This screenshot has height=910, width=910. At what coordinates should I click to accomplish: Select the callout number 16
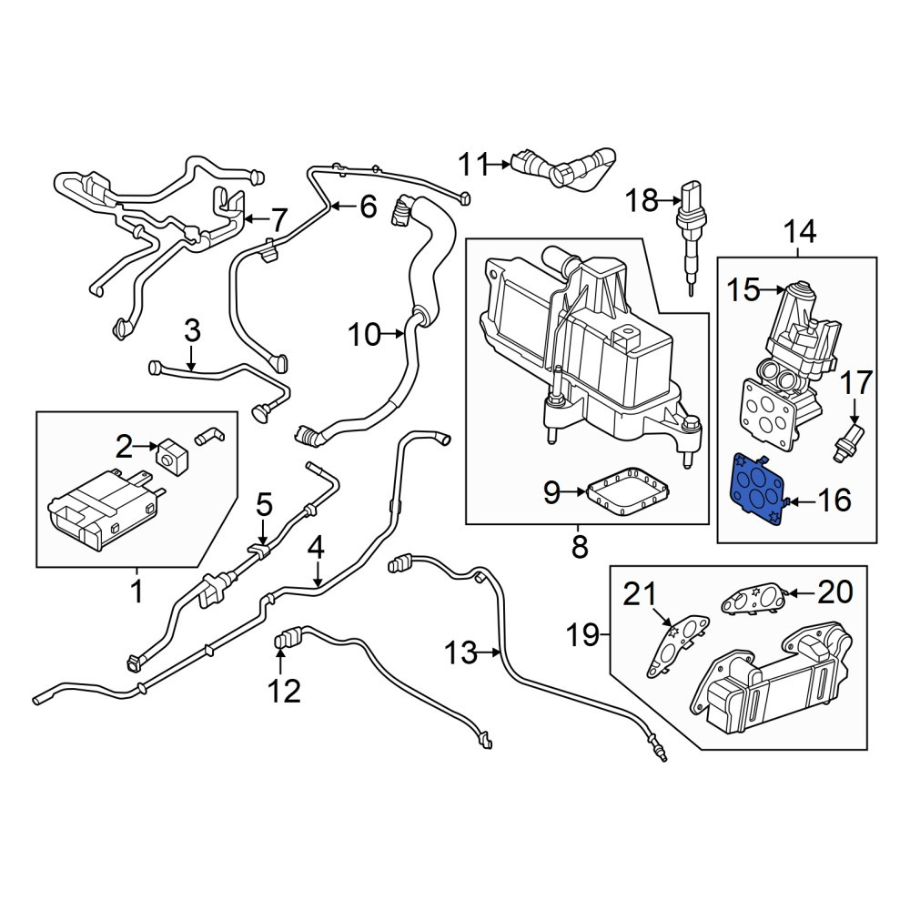(834, 499)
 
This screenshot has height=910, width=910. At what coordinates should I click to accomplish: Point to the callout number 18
(642, 201)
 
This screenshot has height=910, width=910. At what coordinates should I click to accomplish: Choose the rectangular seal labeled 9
(627, 491)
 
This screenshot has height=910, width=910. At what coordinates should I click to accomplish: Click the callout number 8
(579, 547)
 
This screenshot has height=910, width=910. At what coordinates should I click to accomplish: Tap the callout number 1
(137, 591)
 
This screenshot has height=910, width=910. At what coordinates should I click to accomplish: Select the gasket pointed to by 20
(753, 601)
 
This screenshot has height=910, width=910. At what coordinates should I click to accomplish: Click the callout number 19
(583, 635)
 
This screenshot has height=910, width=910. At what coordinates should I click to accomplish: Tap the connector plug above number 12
(287, 639)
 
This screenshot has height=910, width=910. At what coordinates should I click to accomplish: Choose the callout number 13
(460, 652)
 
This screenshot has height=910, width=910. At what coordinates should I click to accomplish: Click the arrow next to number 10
(392, 334)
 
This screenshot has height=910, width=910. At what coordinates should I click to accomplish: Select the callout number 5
(264, 504)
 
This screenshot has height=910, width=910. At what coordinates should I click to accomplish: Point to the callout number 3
(192, 330)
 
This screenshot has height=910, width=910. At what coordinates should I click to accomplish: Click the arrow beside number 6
(342, 206)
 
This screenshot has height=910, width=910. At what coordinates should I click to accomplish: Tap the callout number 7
(279, 220)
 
